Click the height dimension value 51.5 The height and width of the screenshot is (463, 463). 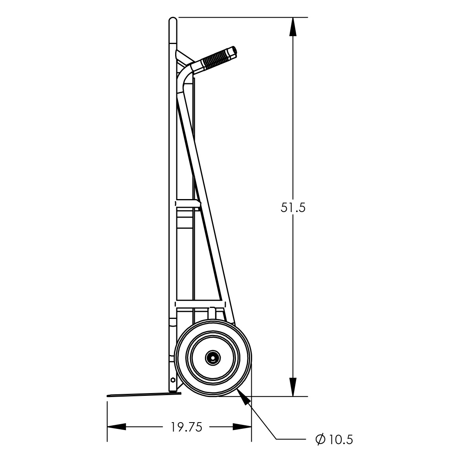tap(293, 207)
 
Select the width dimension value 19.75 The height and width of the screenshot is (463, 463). tap(186, 427)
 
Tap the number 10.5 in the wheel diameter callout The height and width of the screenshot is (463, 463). tap(340, 439)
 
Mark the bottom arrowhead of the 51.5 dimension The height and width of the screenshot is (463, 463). tap(293, 387)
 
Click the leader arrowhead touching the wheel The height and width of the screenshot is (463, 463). tap(244, 398)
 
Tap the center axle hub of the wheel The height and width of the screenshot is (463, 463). tap(212, 358)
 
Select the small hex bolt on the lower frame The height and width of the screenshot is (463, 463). tap(173, 380)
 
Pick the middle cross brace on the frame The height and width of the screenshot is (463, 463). tap(188, 203)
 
